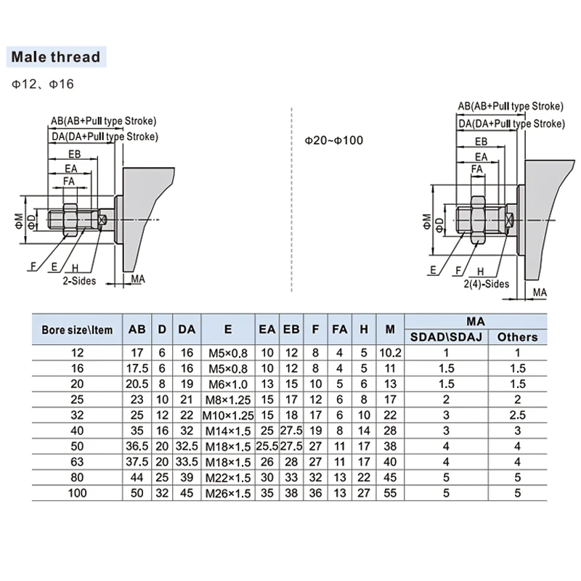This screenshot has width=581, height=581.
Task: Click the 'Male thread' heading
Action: click(x=56, y=57)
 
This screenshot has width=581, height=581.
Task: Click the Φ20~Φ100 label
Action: click(x=333, y=140)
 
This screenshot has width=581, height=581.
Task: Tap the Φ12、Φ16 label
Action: click(x=43, y=84)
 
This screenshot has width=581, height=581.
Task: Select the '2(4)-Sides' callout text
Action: click(x=486, y=284)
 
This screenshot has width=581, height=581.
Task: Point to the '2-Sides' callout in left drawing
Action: click(x=79, y=281)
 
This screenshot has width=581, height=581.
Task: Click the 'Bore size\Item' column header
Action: click(x=77, y=330)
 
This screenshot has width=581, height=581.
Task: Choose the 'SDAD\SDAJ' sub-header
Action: click(x=446, y=337)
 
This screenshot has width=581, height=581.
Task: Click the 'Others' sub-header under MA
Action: click(x=517, y=337)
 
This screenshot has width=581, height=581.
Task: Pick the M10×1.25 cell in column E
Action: click(x=228, y=415)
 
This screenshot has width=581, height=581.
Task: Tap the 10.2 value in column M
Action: click(x=390, y=353)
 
